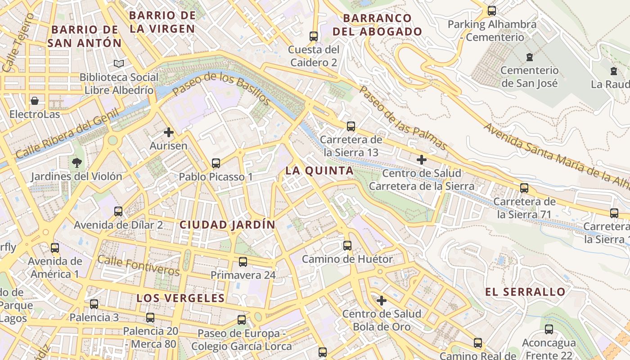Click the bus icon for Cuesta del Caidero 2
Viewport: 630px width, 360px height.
point(314,36)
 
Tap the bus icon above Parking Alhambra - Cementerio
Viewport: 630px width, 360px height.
point(492,11)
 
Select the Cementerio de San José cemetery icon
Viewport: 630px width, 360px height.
point(529,57)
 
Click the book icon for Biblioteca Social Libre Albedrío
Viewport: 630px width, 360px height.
point(118,64)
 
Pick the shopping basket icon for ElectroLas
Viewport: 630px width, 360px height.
point(35,101)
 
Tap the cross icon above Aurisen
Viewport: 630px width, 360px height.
point(169,132)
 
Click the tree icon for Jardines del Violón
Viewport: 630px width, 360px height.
point(76,162)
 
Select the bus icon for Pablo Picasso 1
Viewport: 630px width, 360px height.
point(216,163)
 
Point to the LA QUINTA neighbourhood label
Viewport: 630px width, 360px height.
point(319,171)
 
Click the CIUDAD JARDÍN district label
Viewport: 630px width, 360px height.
point(227,225)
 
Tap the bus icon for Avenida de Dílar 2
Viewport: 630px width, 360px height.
point(118,211)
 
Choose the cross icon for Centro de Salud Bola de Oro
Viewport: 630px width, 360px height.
point(382,300)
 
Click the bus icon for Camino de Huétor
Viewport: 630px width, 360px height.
point(347,245)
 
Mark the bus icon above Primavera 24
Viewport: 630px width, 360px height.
point(243,261)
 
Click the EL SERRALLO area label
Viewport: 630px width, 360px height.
point(525,292)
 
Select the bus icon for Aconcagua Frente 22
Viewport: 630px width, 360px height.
point(549,329)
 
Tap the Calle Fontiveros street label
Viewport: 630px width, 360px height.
point(139,265)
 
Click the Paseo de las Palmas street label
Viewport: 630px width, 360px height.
point(403,118)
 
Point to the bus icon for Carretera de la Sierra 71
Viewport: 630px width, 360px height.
point(524,188)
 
